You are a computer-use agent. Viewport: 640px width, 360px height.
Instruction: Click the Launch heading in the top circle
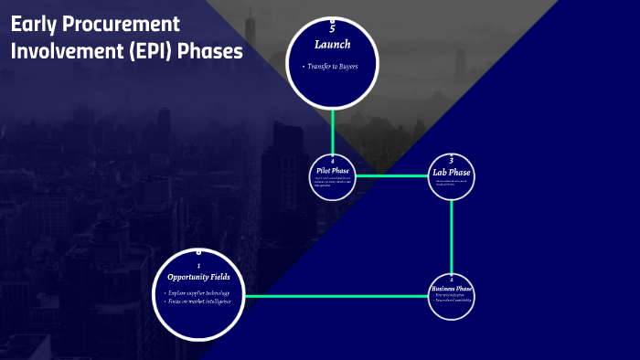pos(332,44)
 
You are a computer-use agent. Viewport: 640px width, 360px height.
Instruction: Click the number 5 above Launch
pos(332,29)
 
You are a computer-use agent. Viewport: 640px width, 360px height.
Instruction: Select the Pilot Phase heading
pos(333,170)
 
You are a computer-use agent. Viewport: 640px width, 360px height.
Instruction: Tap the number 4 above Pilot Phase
pos(333,161)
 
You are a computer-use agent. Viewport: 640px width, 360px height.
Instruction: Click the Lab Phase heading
pos(452,172)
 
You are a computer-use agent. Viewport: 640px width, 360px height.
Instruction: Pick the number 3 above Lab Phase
pos(452,160)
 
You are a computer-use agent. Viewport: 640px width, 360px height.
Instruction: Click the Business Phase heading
pos(452,289)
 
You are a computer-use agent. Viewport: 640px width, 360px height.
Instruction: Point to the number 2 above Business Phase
pos(452,279)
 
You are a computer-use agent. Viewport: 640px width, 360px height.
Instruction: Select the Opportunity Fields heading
pos(198,277)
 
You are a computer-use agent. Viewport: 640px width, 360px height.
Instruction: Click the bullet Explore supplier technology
pos(199,292)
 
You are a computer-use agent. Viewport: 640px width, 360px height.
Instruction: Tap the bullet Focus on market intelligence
pos(199,302)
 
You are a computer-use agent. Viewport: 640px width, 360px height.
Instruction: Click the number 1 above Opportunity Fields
pos(198,266)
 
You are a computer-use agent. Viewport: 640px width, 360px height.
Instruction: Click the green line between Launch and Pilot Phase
pos(333,128)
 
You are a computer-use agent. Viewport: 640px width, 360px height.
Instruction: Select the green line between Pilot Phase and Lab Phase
pos(391,175)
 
